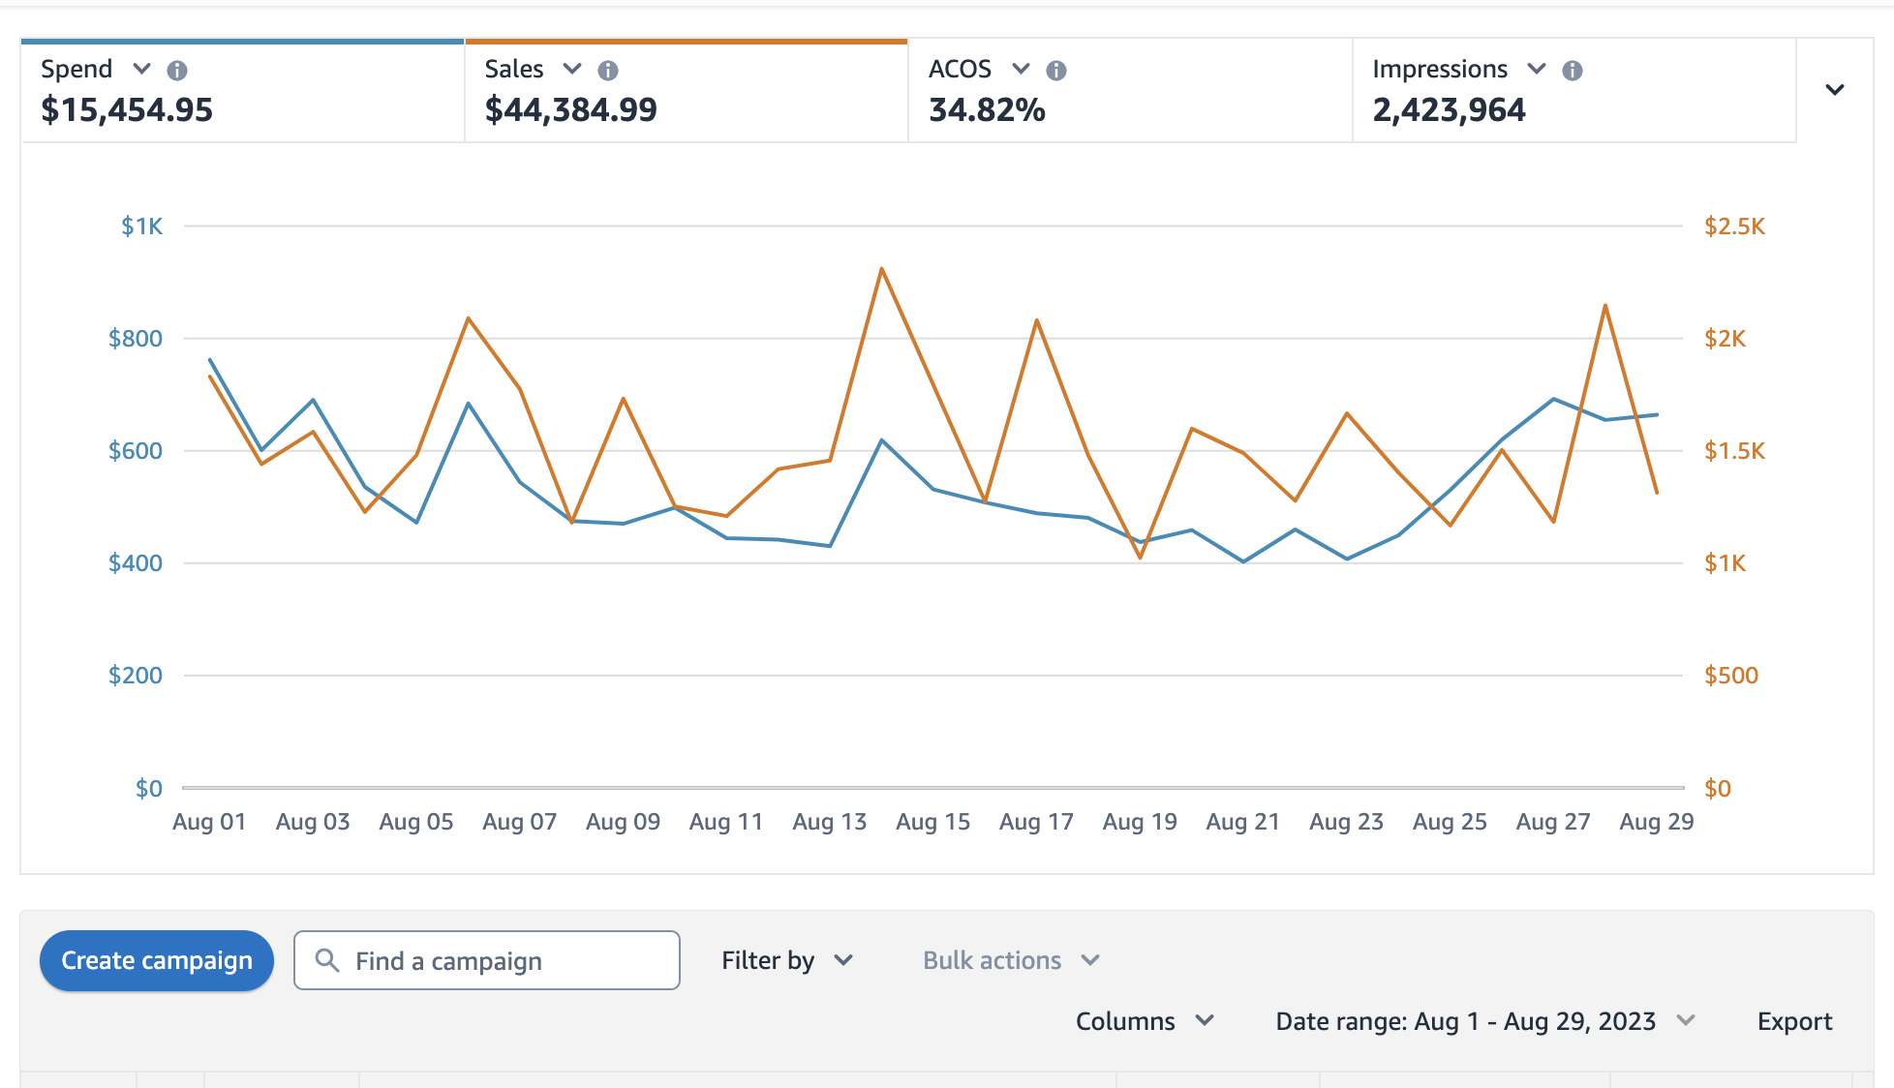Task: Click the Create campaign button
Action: [156, 960]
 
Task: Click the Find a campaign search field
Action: [486, 960]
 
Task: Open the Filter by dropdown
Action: [786, 960]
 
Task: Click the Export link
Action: [1793, 1021]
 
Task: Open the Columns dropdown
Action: [1144, 1021]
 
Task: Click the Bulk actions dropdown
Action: [1010, 960]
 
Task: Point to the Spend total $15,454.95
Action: [127, 110]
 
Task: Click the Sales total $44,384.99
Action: [570, 110]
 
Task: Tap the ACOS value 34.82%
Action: [987, 110]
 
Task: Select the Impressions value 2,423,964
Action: [1449, 110]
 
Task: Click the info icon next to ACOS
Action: [1056, 71]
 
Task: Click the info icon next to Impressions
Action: [1573, 71]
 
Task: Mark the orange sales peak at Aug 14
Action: [881, 269]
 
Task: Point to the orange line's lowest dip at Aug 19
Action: [1140, 558]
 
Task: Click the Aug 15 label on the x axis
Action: [932, 822]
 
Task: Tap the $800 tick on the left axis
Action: [136, 339]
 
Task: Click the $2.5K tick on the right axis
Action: [1734, 227]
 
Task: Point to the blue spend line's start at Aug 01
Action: [210, 360]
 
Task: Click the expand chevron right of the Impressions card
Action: [1834, 90]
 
